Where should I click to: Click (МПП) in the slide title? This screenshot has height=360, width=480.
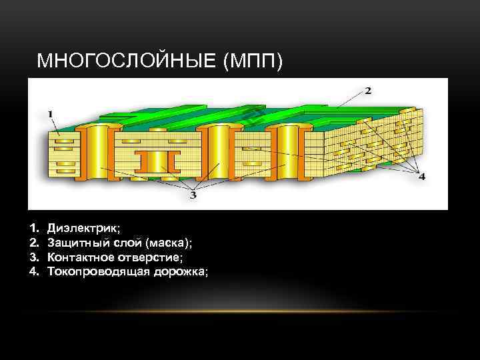(x=255, y=62)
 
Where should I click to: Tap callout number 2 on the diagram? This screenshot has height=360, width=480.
(x=368, y=90)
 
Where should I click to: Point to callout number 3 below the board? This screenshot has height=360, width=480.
(x=193, y=195)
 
